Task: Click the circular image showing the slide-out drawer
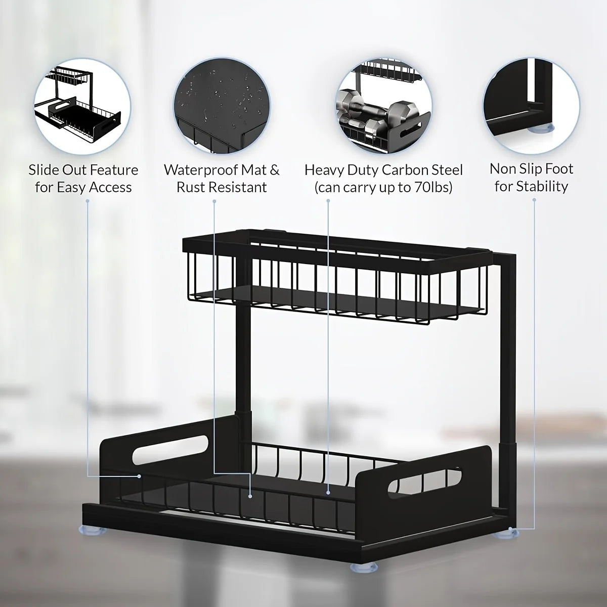[x=83, y=106]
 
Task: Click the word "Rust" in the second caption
[x=191, y=187]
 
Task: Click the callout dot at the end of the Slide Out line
[x=139, y=476]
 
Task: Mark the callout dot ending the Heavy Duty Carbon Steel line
[x=328, y=491]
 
